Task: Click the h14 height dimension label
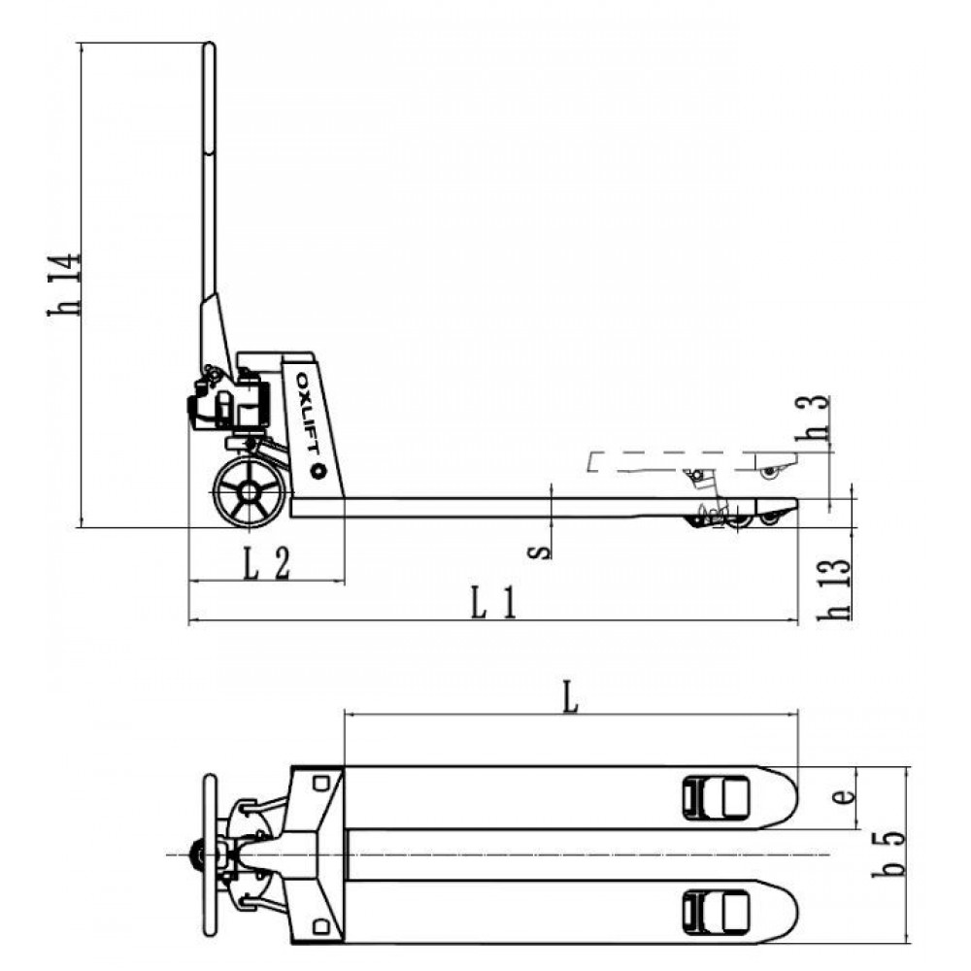(64, 285)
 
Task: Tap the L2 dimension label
(266, 564)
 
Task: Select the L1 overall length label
(493, 603)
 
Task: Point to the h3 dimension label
(812, 418)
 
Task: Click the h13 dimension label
(834, 589)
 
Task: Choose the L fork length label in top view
(570, 696)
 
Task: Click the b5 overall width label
(888, 854)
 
